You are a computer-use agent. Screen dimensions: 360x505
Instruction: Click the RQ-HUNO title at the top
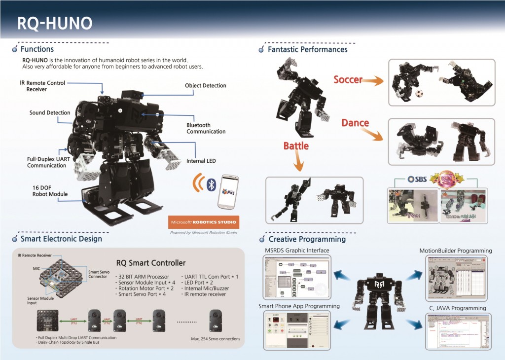click(55, 23)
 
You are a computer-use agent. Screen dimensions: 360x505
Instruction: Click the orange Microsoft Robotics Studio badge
click(204, 221)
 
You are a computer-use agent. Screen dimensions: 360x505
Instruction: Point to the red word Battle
click(296, 146)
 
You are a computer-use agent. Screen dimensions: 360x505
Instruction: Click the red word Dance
click(355, 123)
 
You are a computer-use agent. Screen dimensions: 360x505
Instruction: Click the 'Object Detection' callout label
click(205, 86)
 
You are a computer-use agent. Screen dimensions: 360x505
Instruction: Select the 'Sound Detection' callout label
click(50, 113)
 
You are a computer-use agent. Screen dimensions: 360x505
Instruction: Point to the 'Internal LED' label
click(201, 161)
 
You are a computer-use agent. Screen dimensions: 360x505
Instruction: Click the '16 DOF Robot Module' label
click(46, 191)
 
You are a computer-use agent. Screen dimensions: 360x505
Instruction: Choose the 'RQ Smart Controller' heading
click(151, 263)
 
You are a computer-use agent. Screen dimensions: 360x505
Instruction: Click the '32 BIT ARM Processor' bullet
click(144, 277)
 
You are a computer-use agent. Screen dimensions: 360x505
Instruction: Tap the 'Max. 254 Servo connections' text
click(215, 339)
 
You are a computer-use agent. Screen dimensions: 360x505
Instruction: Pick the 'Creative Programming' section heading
click(307, 239)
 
